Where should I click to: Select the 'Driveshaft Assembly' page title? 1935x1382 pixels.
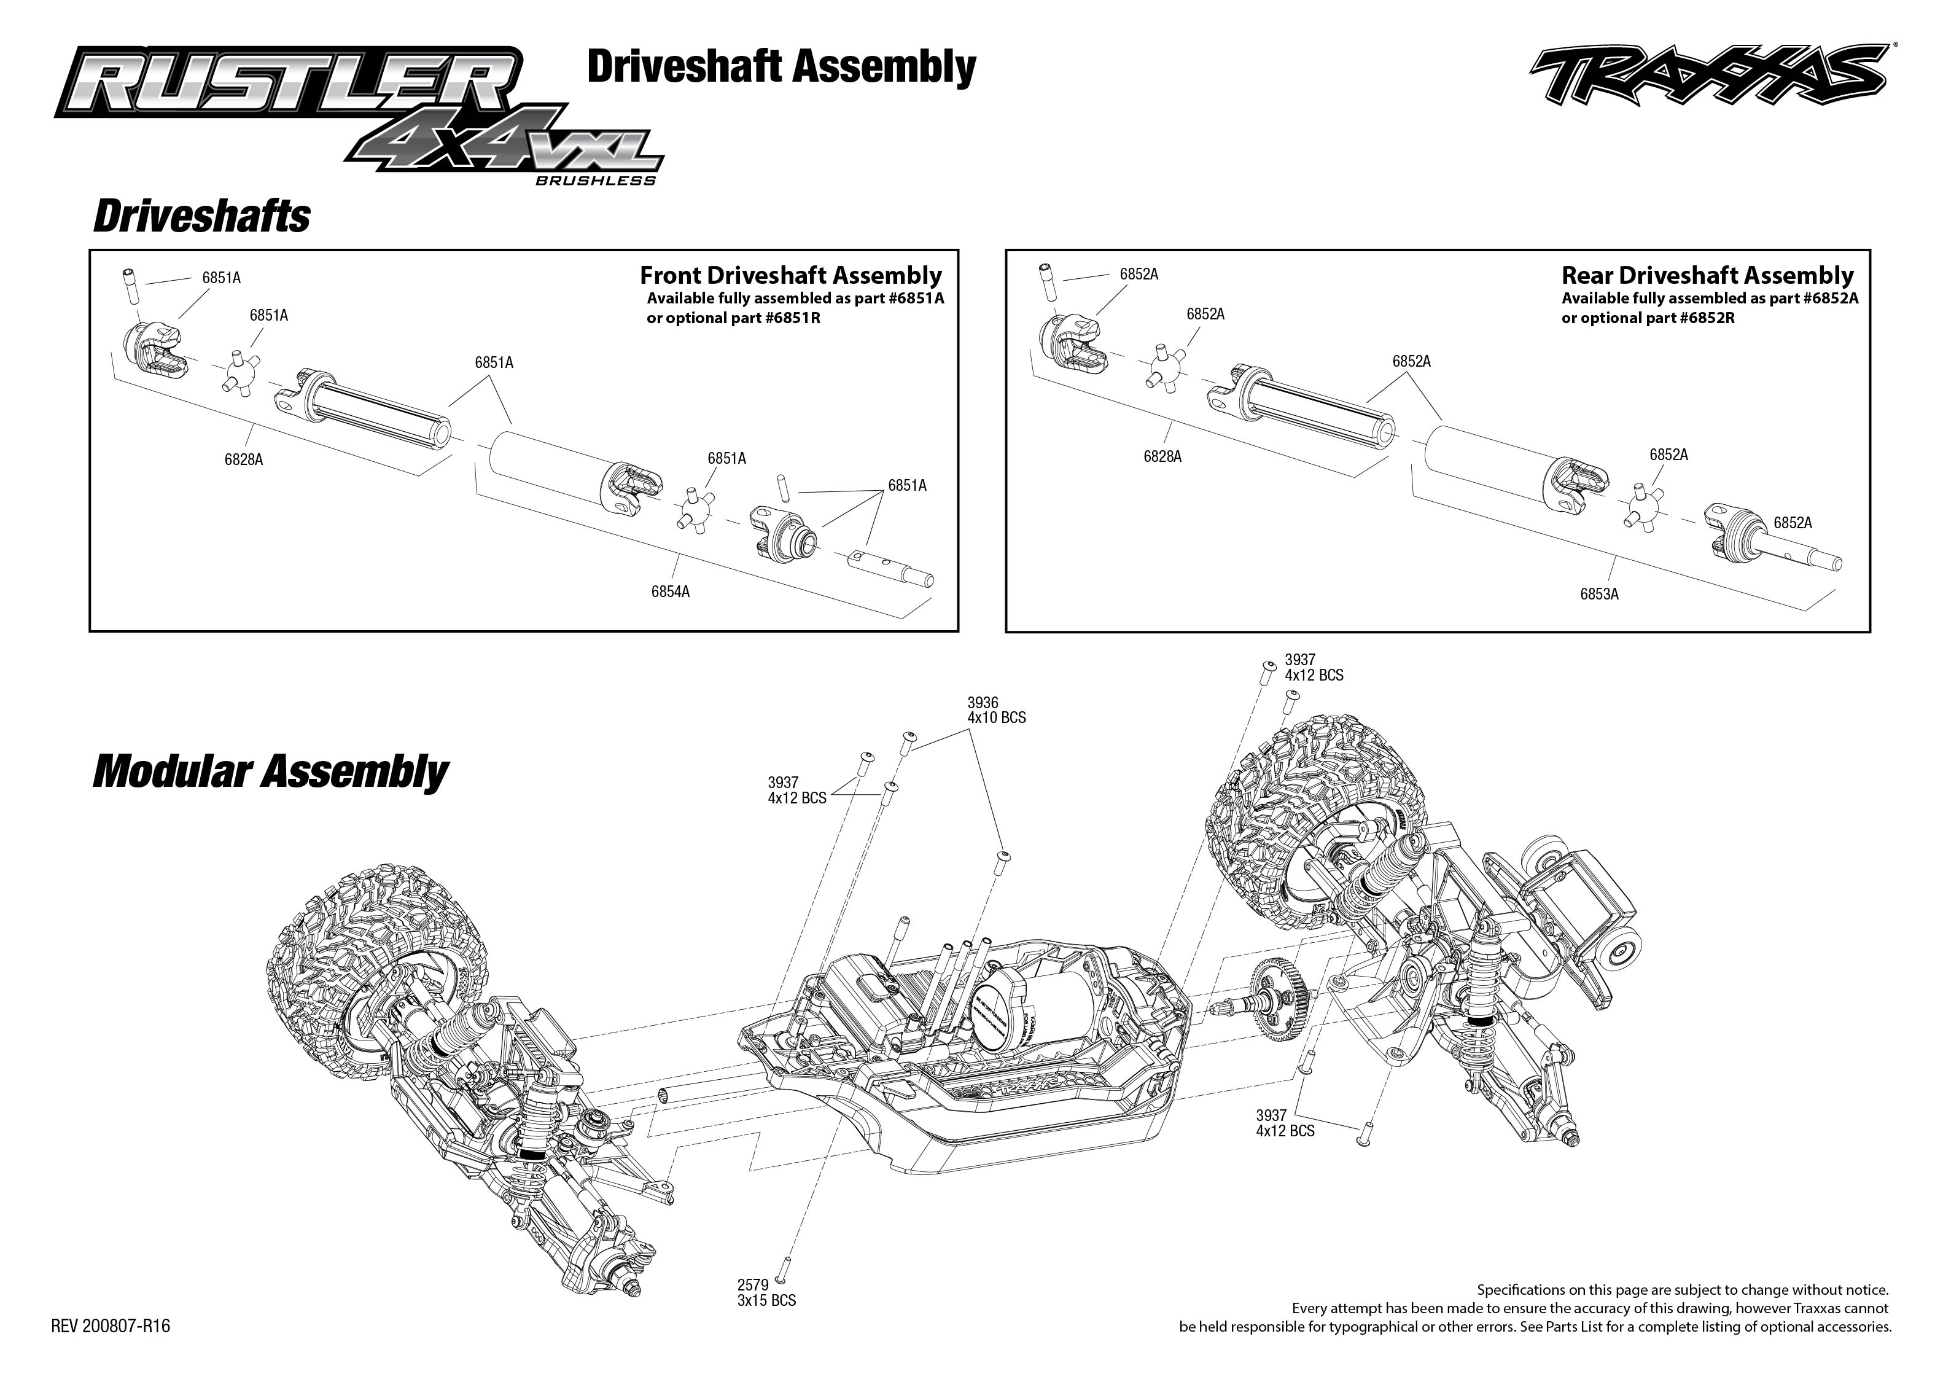coord(781,66)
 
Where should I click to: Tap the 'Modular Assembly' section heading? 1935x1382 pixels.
coord(270,772)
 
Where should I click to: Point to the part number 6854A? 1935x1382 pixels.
coord(670,591)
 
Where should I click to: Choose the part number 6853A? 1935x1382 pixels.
coord(1599,594)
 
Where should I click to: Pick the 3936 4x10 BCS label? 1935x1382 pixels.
coord(996,709)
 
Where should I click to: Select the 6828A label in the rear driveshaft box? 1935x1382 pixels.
coord(1162,457)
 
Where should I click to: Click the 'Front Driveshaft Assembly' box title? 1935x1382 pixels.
coord(790,275)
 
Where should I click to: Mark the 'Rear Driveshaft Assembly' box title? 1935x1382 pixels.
coord(1707,275)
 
